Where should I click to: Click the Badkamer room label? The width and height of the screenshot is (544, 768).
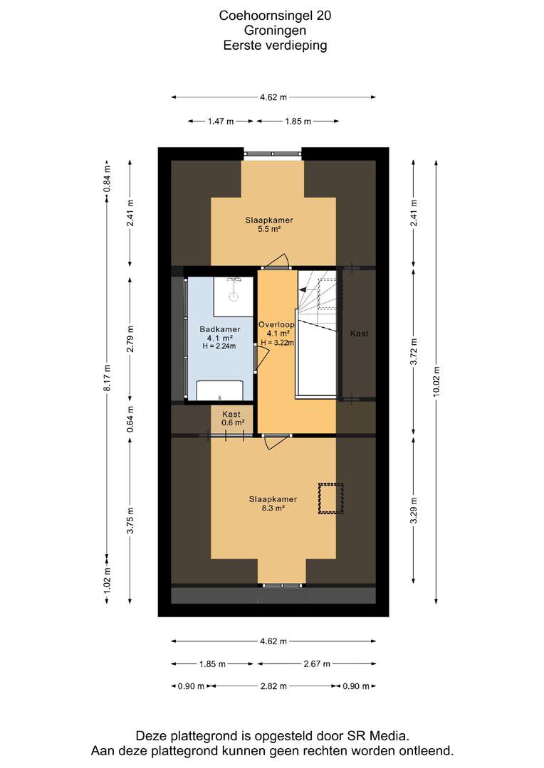click(220, 329)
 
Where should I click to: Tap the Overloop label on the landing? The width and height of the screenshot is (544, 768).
click(277, 324)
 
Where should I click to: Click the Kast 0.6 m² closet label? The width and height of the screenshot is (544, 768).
click(231, 418)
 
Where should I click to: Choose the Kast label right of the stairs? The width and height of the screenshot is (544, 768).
click(359, 334)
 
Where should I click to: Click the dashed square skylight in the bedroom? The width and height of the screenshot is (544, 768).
click(330, 498)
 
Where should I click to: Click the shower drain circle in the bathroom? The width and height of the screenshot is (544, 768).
click(234, 297)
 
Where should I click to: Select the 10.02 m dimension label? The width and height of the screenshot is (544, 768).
click(436, 382)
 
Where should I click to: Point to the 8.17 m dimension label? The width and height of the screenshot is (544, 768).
click(107, 378)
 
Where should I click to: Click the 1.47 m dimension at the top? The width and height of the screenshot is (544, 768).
click(221, 122)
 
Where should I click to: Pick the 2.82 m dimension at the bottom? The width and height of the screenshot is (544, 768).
click(273, 686)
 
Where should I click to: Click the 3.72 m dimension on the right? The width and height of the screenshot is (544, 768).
click(414, 351)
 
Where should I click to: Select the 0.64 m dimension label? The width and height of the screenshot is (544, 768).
click(130, 420)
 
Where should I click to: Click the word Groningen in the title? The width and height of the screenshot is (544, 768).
click(275, 31)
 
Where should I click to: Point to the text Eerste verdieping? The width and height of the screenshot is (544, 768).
click(275, 46)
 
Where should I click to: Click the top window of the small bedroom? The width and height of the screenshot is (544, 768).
click(272, 154)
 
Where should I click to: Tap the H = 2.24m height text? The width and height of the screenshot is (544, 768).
click(219, 346)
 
